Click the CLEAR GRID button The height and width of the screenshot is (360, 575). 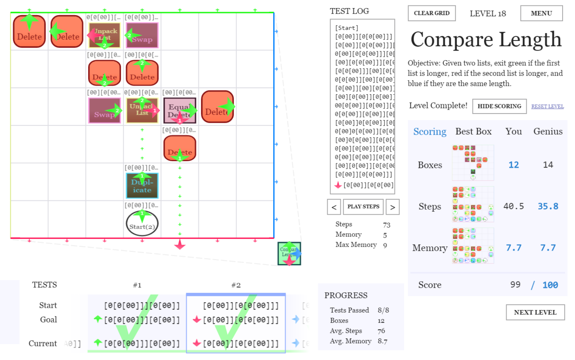click(432, 13)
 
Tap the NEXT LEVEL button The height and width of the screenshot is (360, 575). click(535, 312)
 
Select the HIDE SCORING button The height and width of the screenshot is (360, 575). click(499, 106)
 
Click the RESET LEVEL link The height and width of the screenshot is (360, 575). click(547, 107)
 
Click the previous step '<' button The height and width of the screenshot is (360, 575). click(334, 207)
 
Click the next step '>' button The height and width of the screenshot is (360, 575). click(393, 207)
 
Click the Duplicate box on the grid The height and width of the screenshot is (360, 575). click(142, 186)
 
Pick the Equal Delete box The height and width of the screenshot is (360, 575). click(180, 110)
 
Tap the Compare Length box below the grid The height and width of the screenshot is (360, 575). click(289, 253)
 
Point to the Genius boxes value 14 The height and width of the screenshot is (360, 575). click(548, 165)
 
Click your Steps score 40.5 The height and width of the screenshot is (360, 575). click(514, 206)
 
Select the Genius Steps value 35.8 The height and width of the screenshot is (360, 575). click(548, 206)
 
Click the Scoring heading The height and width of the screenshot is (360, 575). click(430, 132)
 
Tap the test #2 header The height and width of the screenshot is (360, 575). click(236, 285)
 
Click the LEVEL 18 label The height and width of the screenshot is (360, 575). click(488, 14)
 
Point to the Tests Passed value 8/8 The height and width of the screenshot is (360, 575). click(383, 310)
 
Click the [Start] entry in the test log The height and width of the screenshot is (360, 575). click(347, 28)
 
